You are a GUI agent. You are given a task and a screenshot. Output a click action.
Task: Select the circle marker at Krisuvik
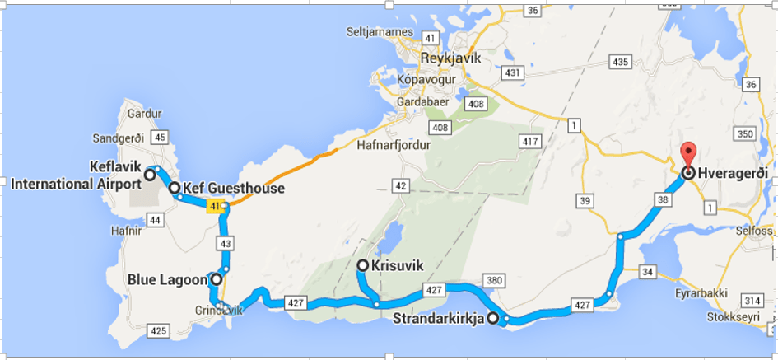tap(362, 265)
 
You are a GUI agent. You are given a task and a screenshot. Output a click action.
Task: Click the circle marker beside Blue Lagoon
tap(217, 280)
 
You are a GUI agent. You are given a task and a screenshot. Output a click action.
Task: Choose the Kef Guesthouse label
tap(233, 189)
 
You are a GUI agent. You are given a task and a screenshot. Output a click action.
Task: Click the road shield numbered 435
tap(620, 63)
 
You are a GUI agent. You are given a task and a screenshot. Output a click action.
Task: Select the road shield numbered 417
tap(527, 142)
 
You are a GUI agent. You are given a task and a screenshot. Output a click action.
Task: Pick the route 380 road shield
tap(493, 282)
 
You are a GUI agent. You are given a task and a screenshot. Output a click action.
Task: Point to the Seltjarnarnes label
tap(381, 32)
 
